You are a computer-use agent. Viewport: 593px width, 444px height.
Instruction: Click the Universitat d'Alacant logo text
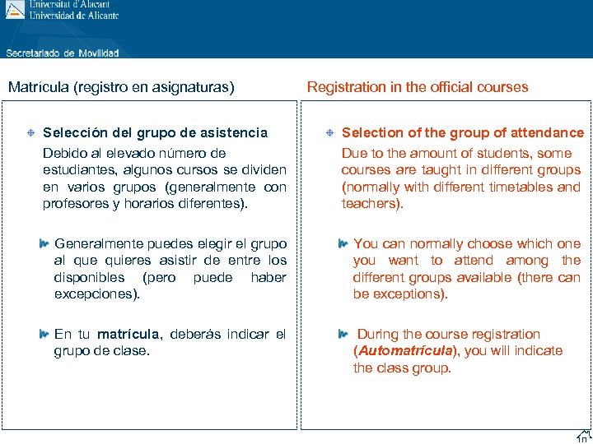click(x=74, y=5)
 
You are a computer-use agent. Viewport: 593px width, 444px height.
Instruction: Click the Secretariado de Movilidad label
click(x=63, y=53)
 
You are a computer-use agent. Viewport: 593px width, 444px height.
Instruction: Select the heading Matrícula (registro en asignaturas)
click(x=121, y=86)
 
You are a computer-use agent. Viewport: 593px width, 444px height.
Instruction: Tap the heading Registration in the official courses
click(x=418, y=86)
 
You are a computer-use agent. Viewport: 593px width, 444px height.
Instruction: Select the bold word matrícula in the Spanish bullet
click(x=128, y=335)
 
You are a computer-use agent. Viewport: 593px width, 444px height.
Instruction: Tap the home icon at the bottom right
click(x=583, y=436)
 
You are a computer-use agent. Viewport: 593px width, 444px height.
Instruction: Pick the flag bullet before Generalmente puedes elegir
click(x=44, y=243)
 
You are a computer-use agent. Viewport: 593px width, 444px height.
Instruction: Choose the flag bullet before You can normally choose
click(x=343, y=243)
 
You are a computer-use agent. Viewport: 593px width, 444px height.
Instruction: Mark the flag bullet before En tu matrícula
click(x=44, y=334)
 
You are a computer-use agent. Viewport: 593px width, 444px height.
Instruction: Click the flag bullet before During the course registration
click(x=343, y=334)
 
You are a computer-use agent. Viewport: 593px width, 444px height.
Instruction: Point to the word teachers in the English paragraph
click(x=371, y=203)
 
